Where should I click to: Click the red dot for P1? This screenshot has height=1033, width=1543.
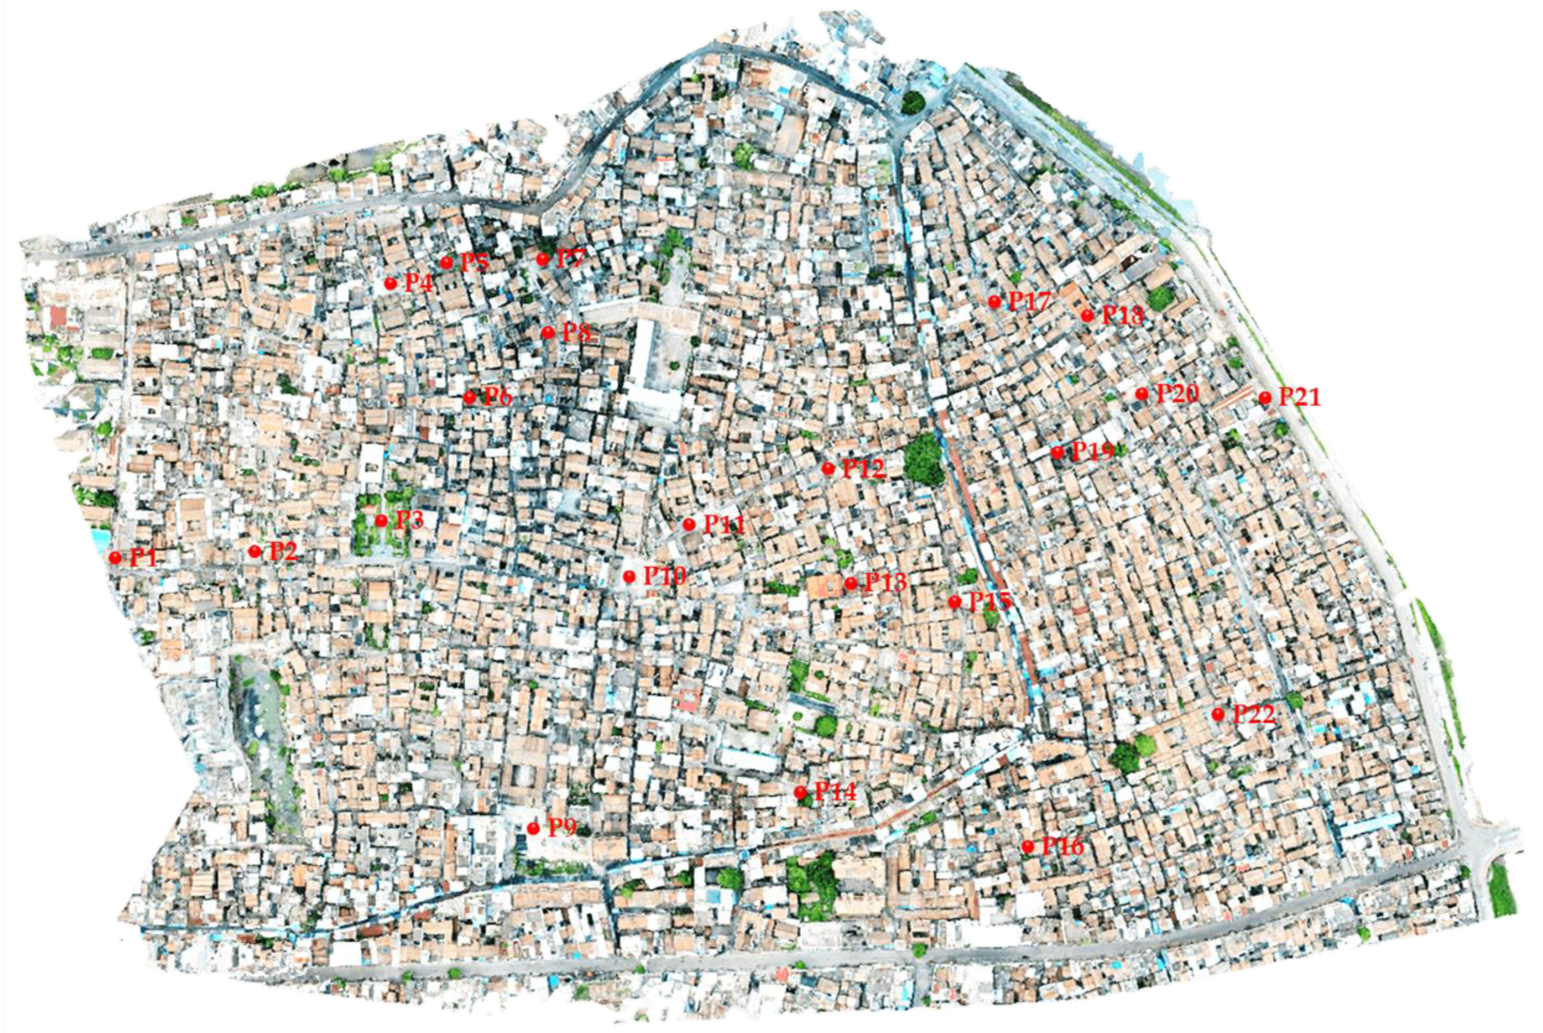click(x=116, y=557)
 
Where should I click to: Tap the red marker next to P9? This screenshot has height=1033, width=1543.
click(x=534, y=828)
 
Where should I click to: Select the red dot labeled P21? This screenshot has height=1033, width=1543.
click(x=1265, y=398)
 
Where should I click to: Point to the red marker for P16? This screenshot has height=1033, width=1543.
click(x=1028, y=846)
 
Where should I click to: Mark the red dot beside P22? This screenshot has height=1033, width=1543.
click(x=1218, y=714)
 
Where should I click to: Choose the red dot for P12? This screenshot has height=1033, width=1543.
click(x=829, y=468)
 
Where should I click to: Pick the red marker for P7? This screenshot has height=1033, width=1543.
click(x=543, y=260)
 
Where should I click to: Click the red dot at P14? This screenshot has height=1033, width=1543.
click(x=800, y=792)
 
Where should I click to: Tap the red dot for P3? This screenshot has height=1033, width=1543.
click(x=382, y=521)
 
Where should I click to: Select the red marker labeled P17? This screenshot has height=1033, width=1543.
click(x=995, y=303)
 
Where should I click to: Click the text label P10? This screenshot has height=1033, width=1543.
click(x=665, y=576)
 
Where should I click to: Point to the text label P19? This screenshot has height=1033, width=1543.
click(x=1092, y=450)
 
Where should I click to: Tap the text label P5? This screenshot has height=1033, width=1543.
click(x=475, y=262)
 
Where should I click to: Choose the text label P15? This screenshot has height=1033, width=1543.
click(x=990, y=601)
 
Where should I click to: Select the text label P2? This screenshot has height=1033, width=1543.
click(x=283, y=551)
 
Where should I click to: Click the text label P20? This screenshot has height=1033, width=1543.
click(x=1177, y=393)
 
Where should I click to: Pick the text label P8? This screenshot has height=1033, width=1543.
click(x=576, y=332)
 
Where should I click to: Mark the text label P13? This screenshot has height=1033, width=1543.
click(x=885, y=583)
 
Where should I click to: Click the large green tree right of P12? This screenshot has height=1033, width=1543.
click(x=924, y=459)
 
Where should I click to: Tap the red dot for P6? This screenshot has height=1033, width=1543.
click(x=470, y=398)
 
